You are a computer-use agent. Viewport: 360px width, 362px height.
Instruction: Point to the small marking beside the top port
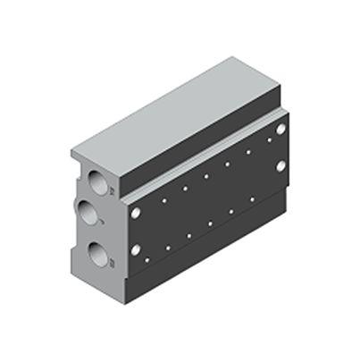click(112, 190)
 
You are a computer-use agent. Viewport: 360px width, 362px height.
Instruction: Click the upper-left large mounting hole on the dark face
click(136, 214)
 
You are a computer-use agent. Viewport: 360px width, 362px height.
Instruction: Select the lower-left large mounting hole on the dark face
click(136, 251)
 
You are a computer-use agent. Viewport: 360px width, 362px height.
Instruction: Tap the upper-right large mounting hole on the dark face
click(280, 130)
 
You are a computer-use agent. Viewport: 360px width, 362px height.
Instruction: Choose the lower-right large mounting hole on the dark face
click(280, 166)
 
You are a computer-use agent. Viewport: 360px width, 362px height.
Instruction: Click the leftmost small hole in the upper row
click(164, 201)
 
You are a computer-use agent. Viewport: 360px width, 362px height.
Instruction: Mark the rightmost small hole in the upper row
click(269, 140)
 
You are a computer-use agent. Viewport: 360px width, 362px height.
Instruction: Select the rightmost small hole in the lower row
click(252, 199)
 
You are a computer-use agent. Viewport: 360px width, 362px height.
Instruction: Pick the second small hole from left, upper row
click(185, 189)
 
